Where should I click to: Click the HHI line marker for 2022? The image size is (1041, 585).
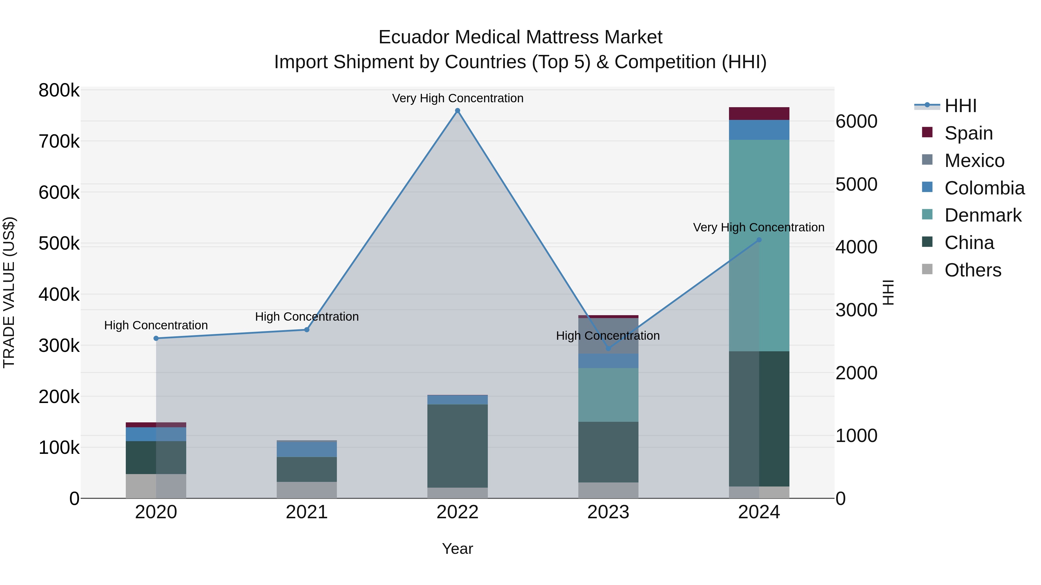tap(457, 111)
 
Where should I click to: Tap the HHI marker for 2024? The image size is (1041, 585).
tap(759, 240)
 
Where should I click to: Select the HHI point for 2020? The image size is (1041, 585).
tap(156, 338)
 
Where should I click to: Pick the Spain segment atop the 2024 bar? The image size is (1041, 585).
tap(759, 114)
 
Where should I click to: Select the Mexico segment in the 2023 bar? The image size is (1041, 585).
tap(608, 335)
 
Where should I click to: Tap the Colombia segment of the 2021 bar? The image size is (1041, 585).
tap(307, 449)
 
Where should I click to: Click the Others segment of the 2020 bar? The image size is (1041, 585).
tap(156, 486)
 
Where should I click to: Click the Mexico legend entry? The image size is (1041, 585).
tap(974, 161)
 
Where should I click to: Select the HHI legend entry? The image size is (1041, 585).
tap(960, 106)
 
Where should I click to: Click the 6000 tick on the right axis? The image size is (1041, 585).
tap(856, 122)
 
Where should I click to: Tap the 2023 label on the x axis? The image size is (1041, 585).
tap(608, 512)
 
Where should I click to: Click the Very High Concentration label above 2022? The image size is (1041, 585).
tap(457, 98)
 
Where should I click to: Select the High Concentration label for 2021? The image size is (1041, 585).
tap(307, 317)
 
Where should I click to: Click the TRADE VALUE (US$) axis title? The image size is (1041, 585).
tap(9, 292)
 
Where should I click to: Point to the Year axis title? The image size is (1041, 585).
tap(457, 549)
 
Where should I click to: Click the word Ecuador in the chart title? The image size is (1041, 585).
tap(414, 37)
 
